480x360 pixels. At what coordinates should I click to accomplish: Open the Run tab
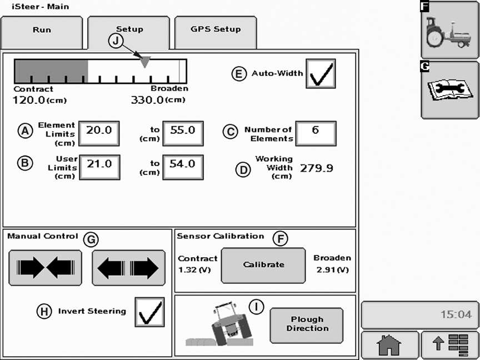[42, 32]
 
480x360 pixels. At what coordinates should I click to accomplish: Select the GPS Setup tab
[216, 32]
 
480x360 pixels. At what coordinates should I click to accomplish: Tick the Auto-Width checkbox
[321, 74]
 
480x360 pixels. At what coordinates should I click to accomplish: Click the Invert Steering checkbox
[149, 312]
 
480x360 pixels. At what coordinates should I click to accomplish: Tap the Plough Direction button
[307, 326]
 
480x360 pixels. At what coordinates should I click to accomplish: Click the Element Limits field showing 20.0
[99, 133]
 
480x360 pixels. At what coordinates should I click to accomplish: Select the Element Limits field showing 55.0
[183, 133]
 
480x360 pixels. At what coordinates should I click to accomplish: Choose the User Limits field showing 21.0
[99, 167]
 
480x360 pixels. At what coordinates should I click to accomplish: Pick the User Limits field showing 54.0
[183, 167]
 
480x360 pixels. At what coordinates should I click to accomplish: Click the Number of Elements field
[316, 133]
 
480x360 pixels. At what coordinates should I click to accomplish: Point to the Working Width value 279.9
[317, 168]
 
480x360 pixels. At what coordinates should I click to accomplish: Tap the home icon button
[389, 346]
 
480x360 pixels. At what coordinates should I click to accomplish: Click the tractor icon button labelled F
[450, 29]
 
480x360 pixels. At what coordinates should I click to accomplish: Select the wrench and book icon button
[450, 90]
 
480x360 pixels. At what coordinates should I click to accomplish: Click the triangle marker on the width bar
[145, 62]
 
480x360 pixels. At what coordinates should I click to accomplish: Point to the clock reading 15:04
[456, 314]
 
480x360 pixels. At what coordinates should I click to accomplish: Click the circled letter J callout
[116, 41]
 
